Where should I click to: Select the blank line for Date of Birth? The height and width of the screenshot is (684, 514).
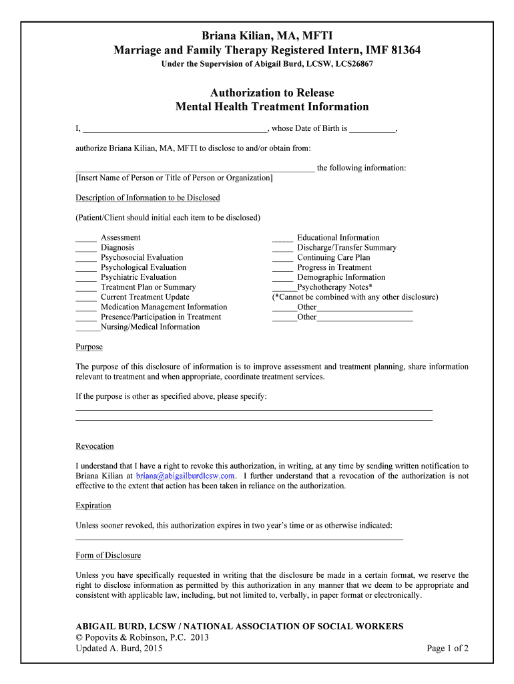[x=372, y=130]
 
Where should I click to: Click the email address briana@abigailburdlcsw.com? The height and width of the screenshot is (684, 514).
[x=186, y=476]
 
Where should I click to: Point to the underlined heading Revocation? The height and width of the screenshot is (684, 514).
[x=95, y=446]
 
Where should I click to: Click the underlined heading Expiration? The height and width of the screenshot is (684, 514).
[x=93, y=506]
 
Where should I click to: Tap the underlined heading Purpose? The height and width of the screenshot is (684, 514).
[x=89, y=347]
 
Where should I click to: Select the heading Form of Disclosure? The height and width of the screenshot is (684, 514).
[x=108, y=556]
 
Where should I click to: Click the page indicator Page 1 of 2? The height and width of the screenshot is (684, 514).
[x=447, y=649]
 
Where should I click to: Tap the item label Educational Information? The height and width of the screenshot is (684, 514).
[x=338, y=238]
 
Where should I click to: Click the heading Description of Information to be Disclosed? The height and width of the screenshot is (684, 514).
[x=148, y=198]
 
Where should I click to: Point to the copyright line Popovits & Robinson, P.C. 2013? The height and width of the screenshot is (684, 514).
[x=142, y=638]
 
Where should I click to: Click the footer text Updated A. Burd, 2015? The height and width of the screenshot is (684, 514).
[x=119, y=649]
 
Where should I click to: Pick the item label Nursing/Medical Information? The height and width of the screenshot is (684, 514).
[x=150, y=327]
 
